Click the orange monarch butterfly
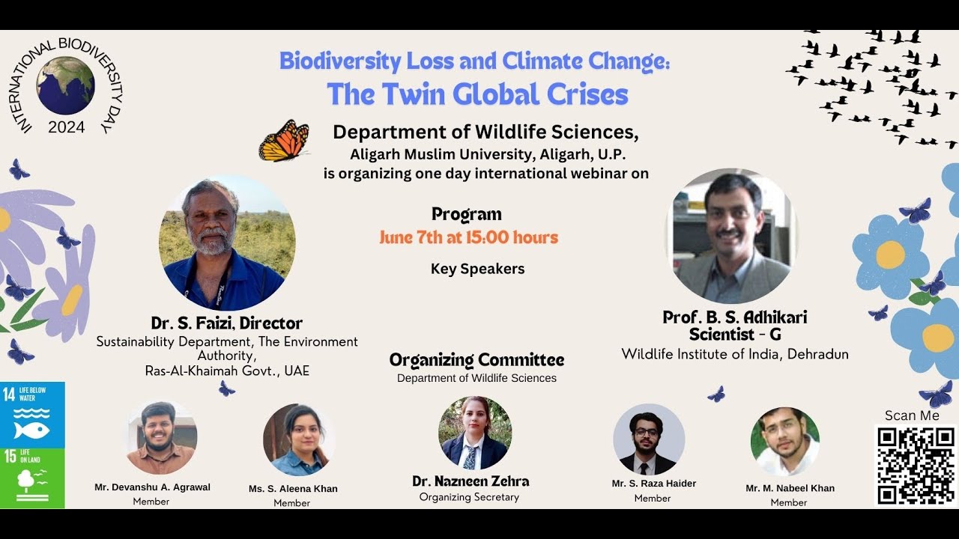tap(284, 141)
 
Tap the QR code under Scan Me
tap(916, 465)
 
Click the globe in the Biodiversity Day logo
tap(65, 85)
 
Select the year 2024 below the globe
tap(66, 127)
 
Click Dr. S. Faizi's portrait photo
tap(227, 243)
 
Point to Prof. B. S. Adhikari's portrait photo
tap(731, 235)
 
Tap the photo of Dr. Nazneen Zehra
tap(475, 433)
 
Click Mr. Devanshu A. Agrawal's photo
tap(161, 438)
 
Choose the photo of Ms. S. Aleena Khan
tap(299, 440)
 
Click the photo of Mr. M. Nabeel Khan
tap(785, 442)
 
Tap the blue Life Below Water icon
tap(32, 415)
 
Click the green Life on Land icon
tap(32, 478)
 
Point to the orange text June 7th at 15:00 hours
tap(468, 238)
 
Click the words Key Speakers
tap(477, 269)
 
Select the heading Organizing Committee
tap(477, 360)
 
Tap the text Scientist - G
tap(734, 335)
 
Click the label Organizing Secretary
tap(469, 497)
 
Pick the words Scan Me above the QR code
tap(912, 415)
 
